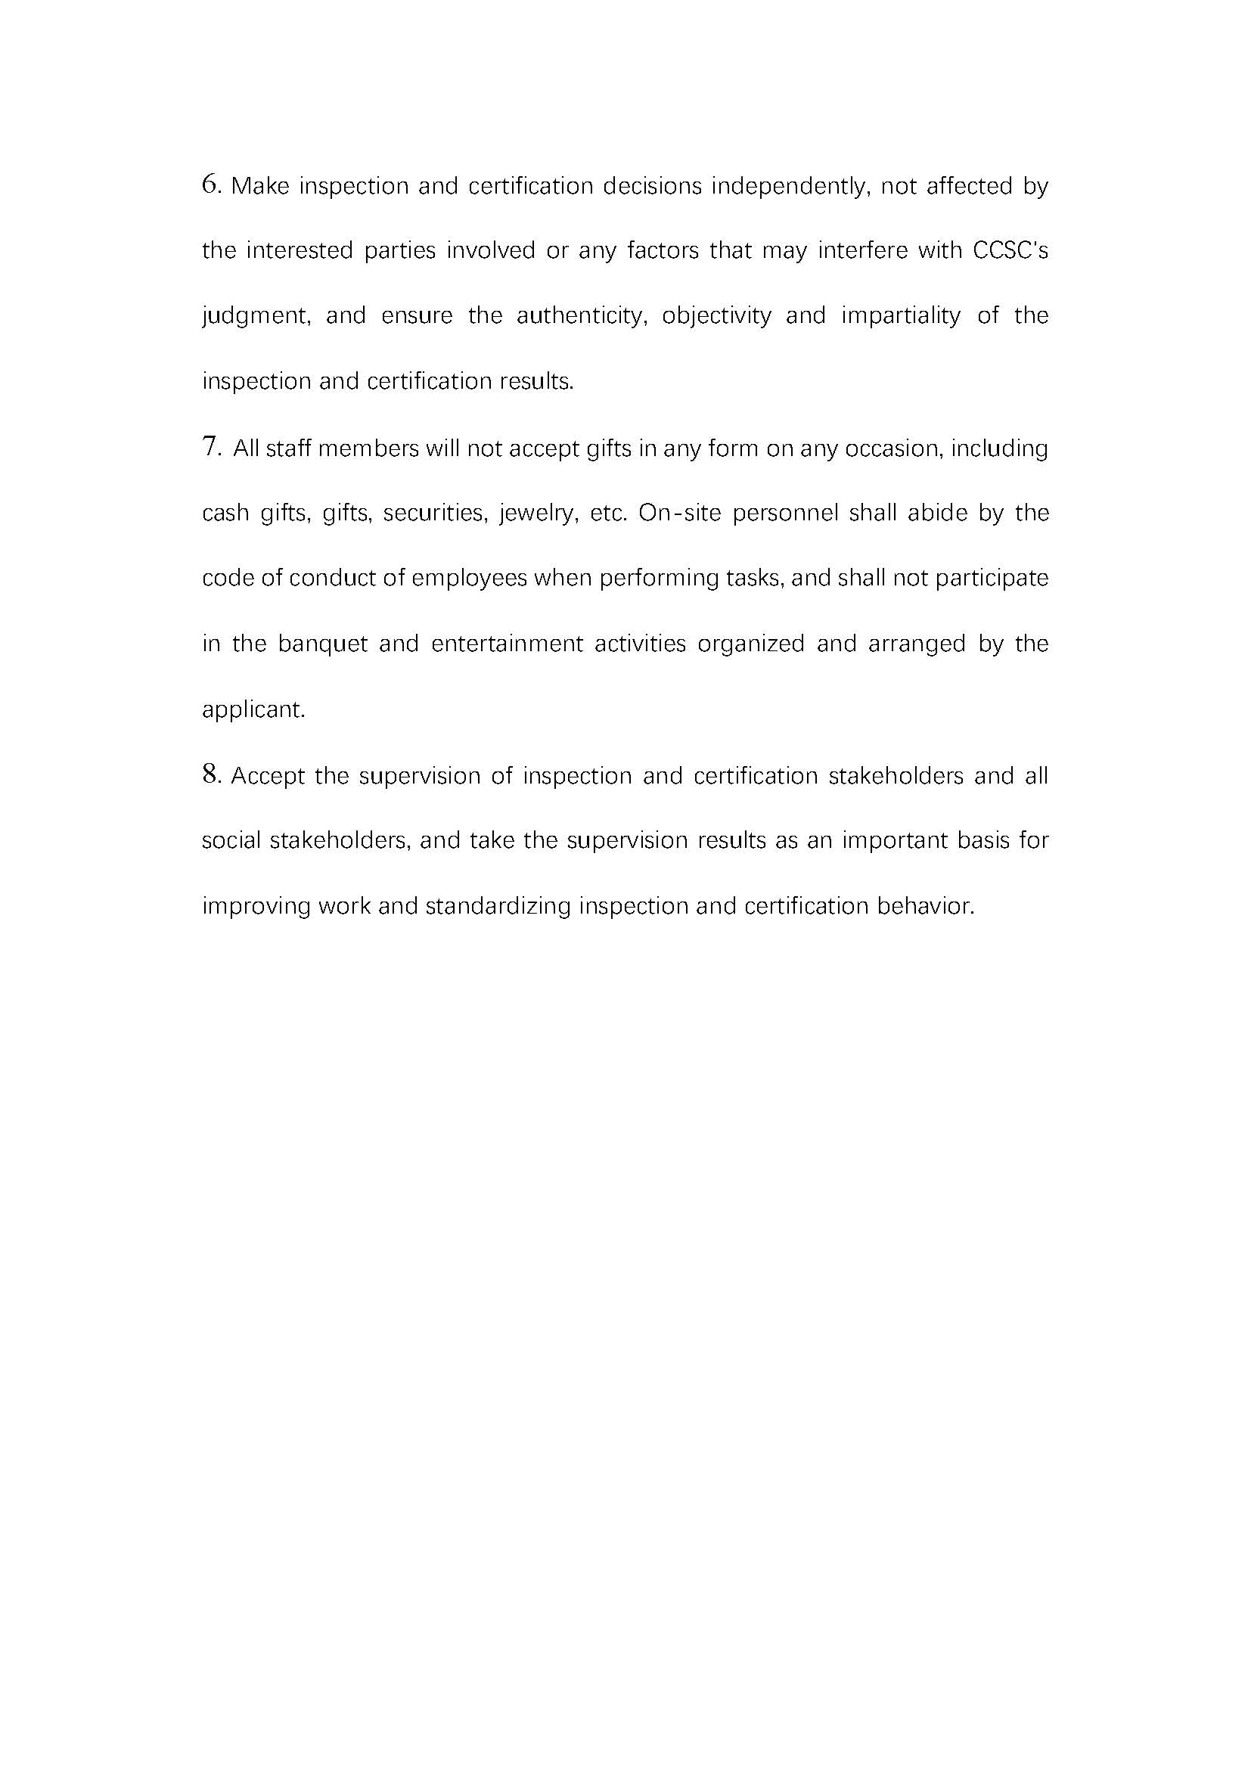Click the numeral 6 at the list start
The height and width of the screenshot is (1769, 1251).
pyautogui.click(x=210, y=185)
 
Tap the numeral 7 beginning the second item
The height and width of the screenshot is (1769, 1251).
pyautogui.click(x=210, y=447)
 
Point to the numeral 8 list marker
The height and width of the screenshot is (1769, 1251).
pyautogui.click(x=210, y=774)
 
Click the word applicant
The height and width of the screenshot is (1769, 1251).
pyautogui.click(x=253, y=709)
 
